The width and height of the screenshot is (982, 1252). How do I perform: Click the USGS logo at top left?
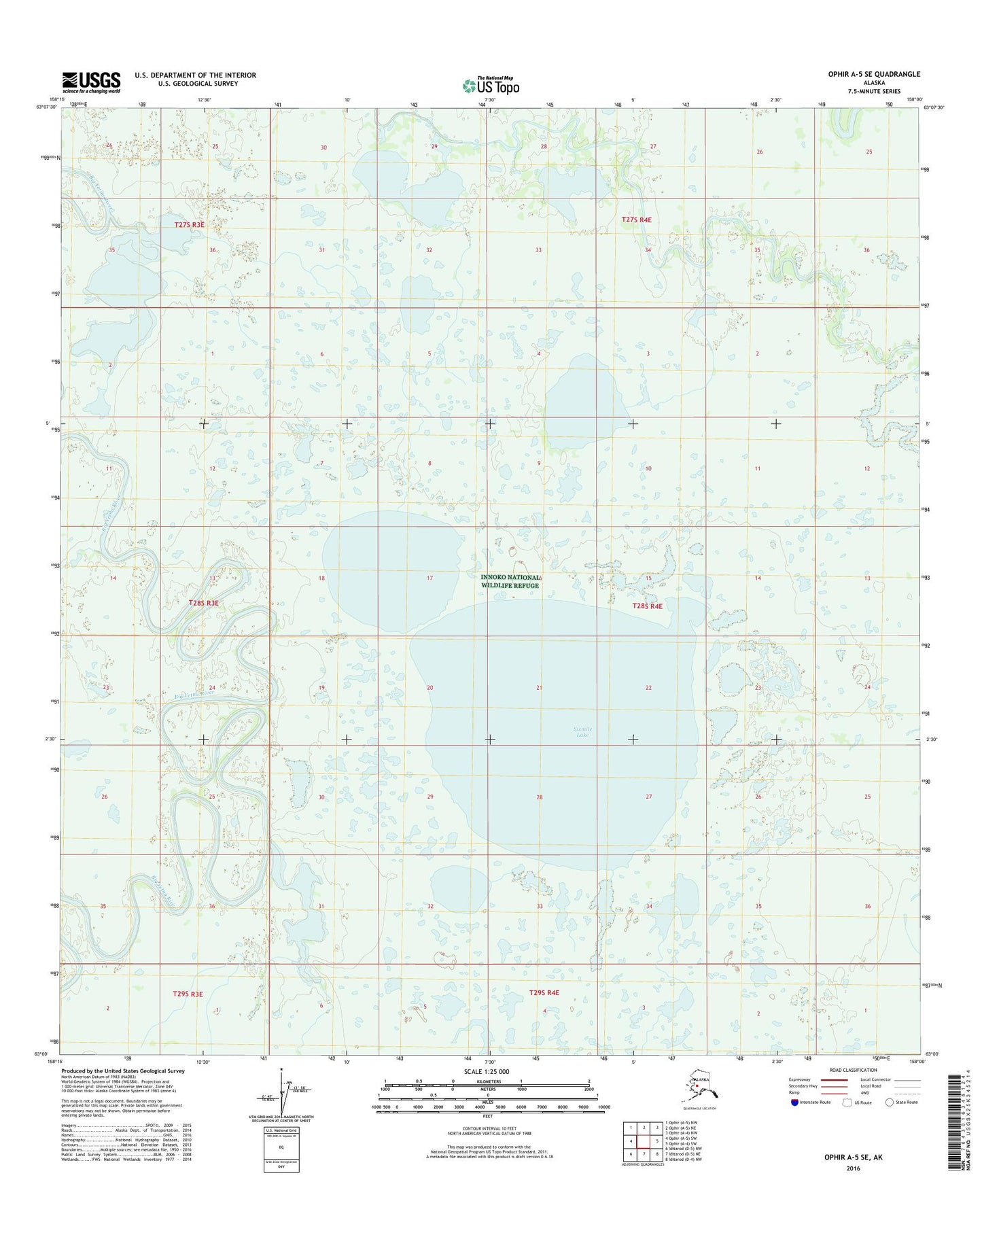point(91,82)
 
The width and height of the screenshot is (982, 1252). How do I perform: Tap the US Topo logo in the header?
point(491,86)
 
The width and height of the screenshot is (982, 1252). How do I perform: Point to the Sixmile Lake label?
point(582,731)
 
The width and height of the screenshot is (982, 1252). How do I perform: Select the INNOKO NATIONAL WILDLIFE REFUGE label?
point(510,581)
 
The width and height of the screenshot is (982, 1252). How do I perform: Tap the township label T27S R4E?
point(636,220)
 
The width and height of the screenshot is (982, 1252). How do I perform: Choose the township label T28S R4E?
point(646,606)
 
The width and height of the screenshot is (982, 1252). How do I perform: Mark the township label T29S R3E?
point(188,994)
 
